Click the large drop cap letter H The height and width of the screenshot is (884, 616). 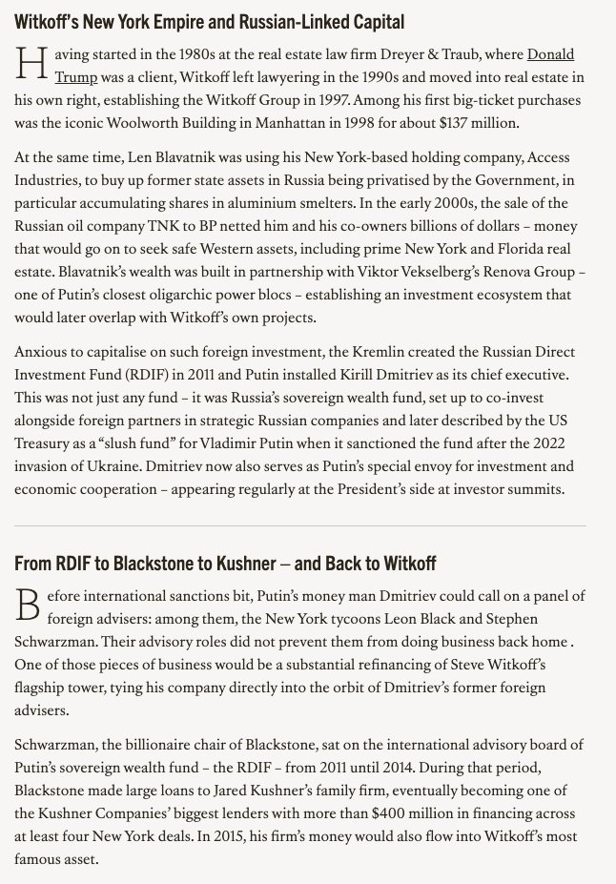click(31, 66)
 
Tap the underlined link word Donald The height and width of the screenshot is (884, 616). click(550, 54)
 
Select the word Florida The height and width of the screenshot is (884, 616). click(513, 249)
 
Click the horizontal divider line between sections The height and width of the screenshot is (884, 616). click(300, 525)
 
